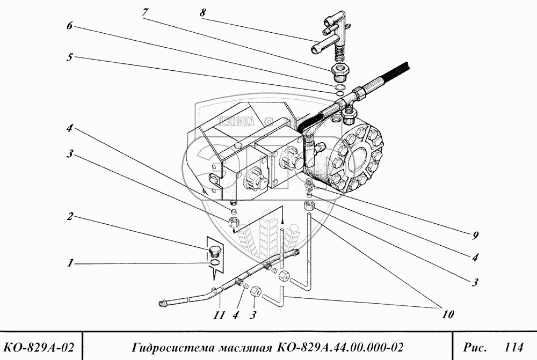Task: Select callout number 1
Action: (70, 263)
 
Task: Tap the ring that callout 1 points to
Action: (213, 263)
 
